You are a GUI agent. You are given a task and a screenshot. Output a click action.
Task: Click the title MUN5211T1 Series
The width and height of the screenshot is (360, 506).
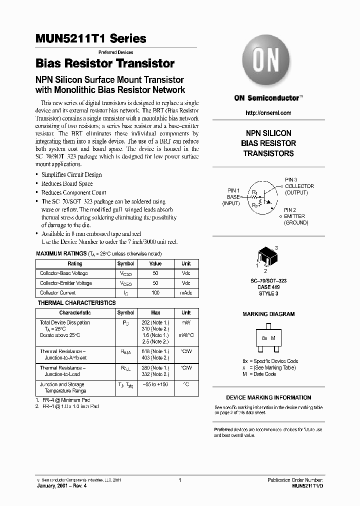(91, 38)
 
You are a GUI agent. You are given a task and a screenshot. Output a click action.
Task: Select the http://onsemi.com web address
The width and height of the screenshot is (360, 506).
(268, 113)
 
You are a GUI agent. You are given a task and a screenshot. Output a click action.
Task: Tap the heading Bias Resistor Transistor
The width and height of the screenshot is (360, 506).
(105, 63)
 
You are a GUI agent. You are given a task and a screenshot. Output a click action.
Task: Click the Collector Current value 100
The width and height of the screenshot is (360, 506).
(155, 292)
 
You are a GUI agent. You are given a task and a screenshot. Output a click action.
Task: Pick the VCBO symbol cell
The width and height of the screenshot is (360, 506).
(125, 273)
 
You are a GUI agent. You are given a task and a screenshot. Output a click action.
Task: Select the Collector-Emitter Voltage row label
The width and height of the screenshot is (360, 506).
(66, 283)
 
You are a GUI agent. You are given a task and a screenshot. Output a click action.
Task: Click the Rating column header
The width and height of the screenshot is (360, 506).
(75, 263)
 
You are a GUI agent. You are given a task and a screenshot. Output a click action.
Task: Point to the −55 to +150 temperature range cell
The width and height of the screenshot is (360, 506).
(155, 384)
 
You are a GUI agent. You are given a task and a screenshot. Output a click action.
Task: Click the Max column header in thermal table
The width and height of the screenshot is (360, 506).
(155, 312)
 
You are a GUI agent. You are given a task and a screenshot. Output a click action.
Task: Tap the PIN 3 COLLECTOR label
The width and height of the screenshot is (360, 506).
(299, 186)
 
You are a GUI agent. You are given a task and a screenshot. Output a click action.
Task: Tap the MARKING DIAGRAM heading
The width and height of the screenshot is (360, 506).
(268, 314)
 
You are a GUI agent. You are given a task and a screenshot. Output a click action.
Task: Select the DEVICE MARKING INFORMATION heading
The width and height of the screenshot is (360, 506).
(268, 397)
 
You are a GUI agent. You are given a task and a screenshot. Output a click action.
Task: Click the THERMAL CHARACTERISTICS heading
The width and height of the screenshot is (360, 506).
(77, 303)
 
